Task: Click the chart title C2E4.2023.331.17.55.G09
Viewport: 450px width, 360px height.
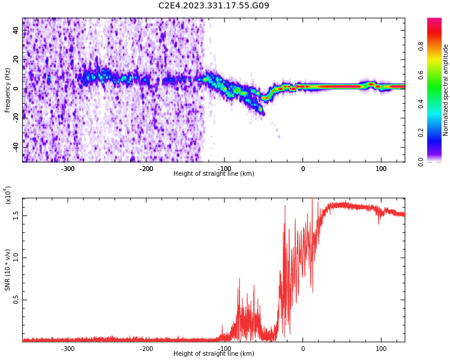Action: (x=214, y=6)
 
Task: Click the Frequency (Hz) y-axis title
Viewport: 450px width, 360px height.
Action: (x=8, y=90)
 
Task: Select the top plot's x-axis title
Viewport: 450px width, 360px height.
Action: (x=214, y=174)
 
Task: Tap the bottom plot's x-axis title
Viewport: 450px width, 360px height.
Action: (x=214, y=354)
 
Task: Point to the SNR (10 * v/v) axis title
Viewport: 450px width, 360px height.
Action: (x=8, y=270)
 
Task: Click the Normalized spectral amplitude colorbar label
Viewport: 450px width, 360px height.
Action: (x=446, y=90)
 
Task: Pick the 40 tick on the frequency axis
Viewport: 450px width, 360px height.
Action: (x=16, y=31)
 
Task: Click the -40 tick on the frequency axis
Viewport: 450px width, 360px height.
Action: (x=15, y=146)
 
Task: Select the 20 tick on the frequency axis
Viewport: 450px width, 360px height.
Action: (x=16, y=60)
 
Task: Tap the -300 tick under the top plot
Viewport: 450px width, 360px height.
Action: (x=68, y=169)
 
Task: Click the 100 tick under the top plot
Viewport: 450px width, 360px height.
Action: (x=381, y=169)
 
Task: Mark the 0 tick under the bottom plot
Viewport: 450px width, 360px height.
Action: (x=302, y=349)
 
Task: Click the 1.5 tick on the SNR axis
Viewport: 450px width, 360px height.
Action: (x=16, y=215)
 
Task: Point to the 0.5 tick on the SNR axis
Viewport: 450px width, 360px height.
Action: (x=16, y=301)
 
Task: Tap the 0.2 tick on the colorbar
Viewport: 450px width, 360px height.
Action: (x=421, y=133)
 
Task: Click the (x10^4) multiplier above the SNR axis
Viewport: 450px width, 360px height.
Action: (x=8, y=195)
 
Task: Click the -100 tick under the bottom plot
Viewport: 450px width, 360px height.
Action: (x=224, y=349)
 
